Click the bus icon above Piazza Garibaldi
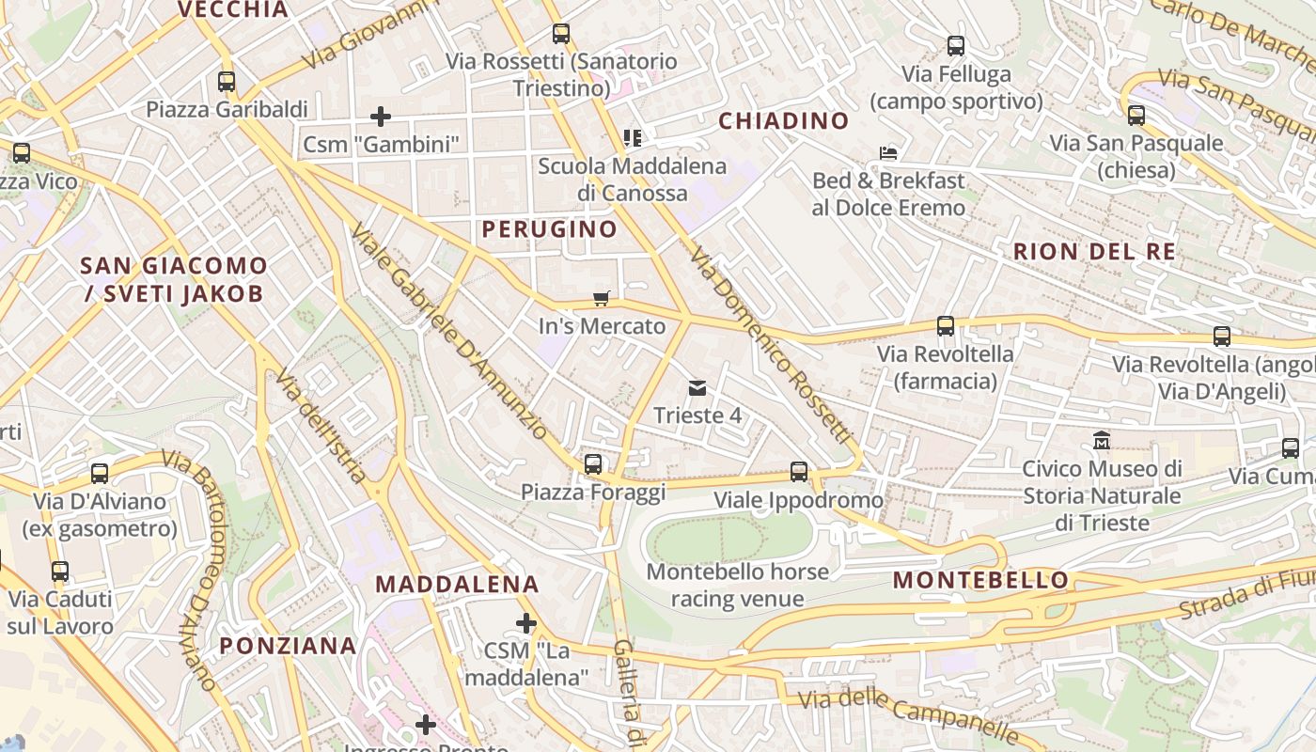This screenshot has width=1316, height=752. pos(226,82)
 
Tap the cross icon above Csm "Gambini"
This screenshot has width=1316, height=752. pos(381,117)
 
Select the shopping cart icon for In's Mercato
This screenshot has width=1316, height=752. pos(602,299)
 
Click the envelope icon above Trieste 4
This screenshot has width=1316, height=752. pos(697,387)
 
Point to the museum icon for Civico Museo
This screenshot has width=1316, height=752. pos(1101,440)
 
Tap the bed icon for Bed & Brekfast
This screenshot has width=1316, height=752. pos(888,152)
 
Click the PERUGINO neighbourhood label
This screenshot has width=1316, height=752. pos(549,229)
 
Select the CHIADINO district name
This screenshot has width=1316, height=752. pos(783,121)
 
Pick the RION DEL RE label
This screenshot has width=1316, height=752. pos(1094,252)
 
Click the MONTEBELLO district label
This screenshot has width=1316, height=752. pos(980,580)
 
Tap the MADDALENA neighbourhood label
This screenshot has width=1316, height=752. pos(457,584)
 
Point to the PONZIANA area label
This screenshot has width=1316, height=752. pos(288,646)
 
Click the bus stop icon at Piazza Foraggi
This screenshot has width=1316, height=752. pos(592,463)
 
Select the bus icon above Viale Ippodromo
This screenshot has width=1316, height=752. pos(799,472)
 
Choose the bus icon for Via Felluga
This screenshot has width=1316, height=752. pos(956,45)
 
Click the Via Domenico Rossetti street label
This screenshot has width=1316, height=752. pos(770,347)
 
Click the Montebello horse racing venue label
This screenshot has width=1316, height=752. pos(737,586)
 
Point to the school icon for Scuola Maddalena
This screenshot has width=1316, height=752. pos(633,138)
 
